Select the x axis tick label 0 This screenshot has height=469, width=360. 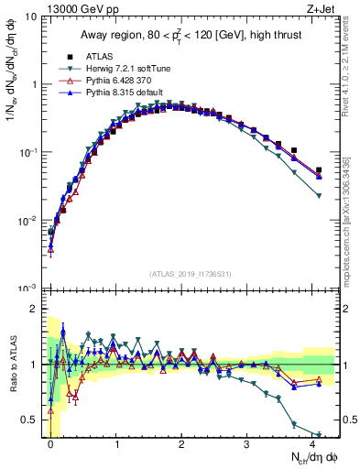[x=50, y=443]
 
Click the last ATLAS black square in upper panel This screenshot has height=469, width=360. [x=319, y=170]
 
